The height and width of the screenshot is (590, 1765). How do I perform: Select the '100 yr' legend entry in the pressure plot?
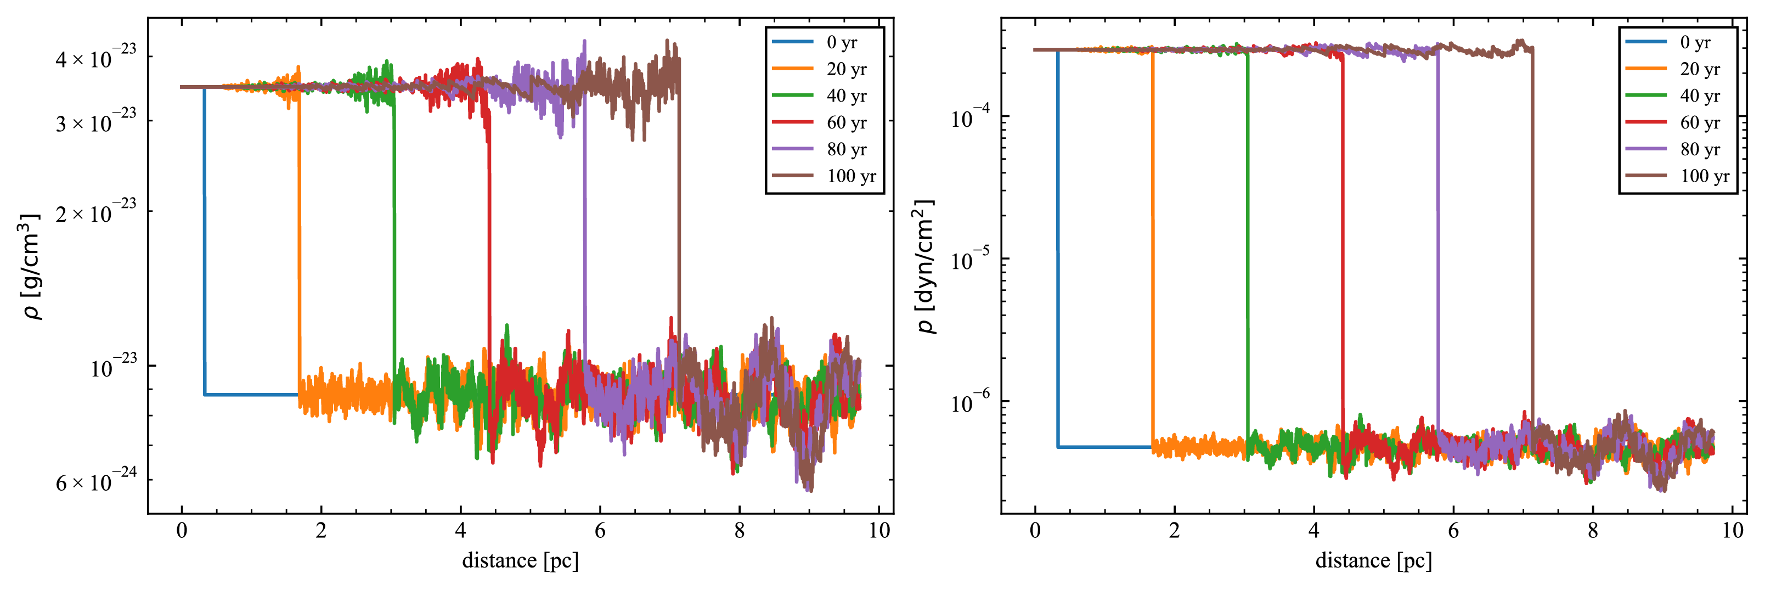click(x=1704, y=176)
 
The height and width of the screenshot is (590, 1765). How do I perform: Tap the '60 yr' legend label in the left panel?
click(x=846, y=122)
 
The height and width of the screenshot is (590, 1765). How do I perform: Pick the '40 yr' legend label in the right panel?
click(x=1700, y=96)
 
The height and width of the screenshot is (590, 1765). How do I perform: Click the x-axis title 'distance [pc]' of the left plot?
click(x=520, y=560)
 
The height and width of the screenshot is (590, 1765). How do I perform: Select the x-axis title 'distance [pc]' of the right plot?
click(x=1373, y=560)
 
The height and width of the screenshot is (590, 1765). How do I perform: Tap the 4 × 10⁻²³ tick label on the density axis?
click(x=95, y=58)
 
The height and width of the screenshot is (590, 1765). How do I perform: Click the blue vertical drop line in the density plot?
click(x=205, y=240)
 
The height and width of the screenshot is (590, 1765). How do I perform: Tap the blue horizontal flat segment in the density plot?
click(x=251, y=395)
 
